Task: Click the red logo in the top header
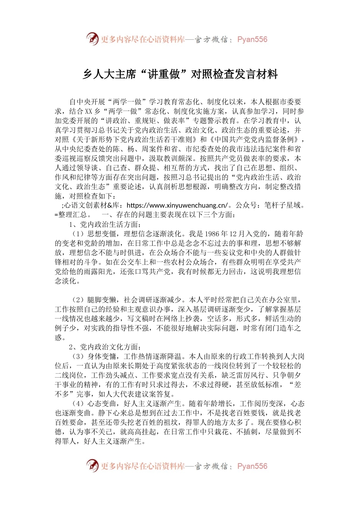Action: tap(92, 39)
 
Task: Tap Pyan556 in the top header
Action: tap(252, 39)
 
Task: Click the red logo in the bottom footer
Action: tap(92, 465)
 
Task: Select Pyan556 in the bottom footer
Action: tap(252, 466)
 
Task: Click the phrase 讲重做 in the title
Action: tap(164, 74)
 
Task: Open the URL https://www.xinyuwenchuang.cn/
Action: tap(177, 205)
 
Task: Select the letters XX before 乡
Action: tap(88, 111)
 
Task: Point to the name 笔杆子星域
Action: tap(282, 205)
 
